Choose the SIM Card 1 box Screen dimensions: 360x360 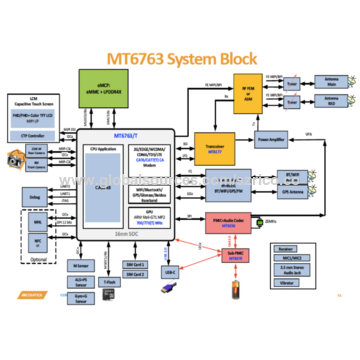[140, 265]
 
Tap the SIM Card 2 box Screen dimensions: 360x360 [140, 274]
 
